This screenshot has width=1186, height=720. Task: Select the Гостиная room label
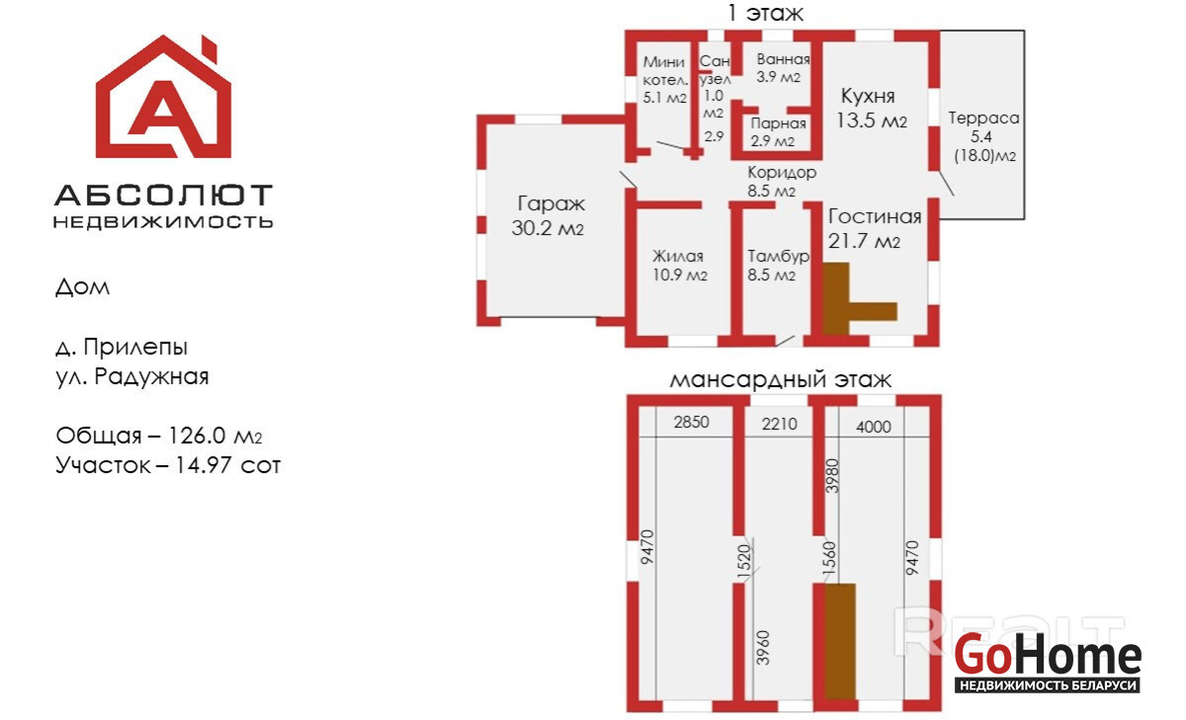point(874,228)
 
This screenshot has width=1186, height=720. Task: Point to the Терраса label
point(983,136)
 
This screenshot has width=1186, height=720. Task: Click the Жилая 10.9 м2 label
point(678,265)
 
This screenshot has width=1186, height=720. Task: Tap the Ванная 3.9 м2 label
point(776,67)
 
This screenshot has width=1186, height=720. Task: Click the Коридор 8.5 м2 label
point(781,181)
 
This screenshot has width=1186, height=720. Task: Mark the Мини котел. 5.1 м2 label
point(663,80)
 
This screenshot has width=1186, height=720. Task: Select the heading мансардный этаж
point(781,378)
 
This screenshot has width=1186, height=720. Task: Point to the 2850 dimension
point(692,423)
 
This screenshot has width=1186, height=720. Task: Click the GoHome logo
point(1048,663)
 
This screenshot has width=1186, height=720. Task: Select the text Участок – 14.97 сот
point(168,464)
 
